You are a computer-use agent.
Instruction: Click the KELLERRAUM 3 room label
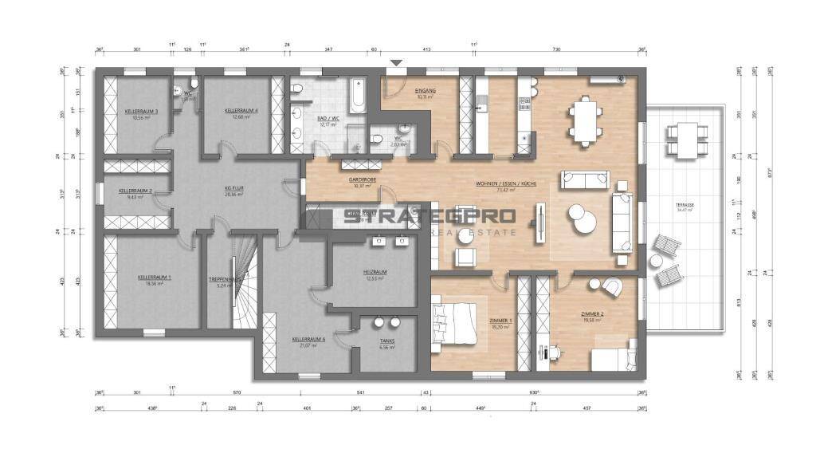(141, 111)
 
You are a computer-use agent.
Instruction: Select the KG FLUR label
(233, 189)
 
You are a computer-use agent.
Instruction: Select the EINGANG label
(424, 92)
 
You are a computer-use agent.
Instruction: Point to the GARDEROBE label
(362, 181)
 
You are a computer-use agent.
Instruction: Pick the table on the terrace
(682, 140)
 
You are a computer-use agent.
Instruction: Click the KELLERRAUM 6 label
(308, 340)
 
